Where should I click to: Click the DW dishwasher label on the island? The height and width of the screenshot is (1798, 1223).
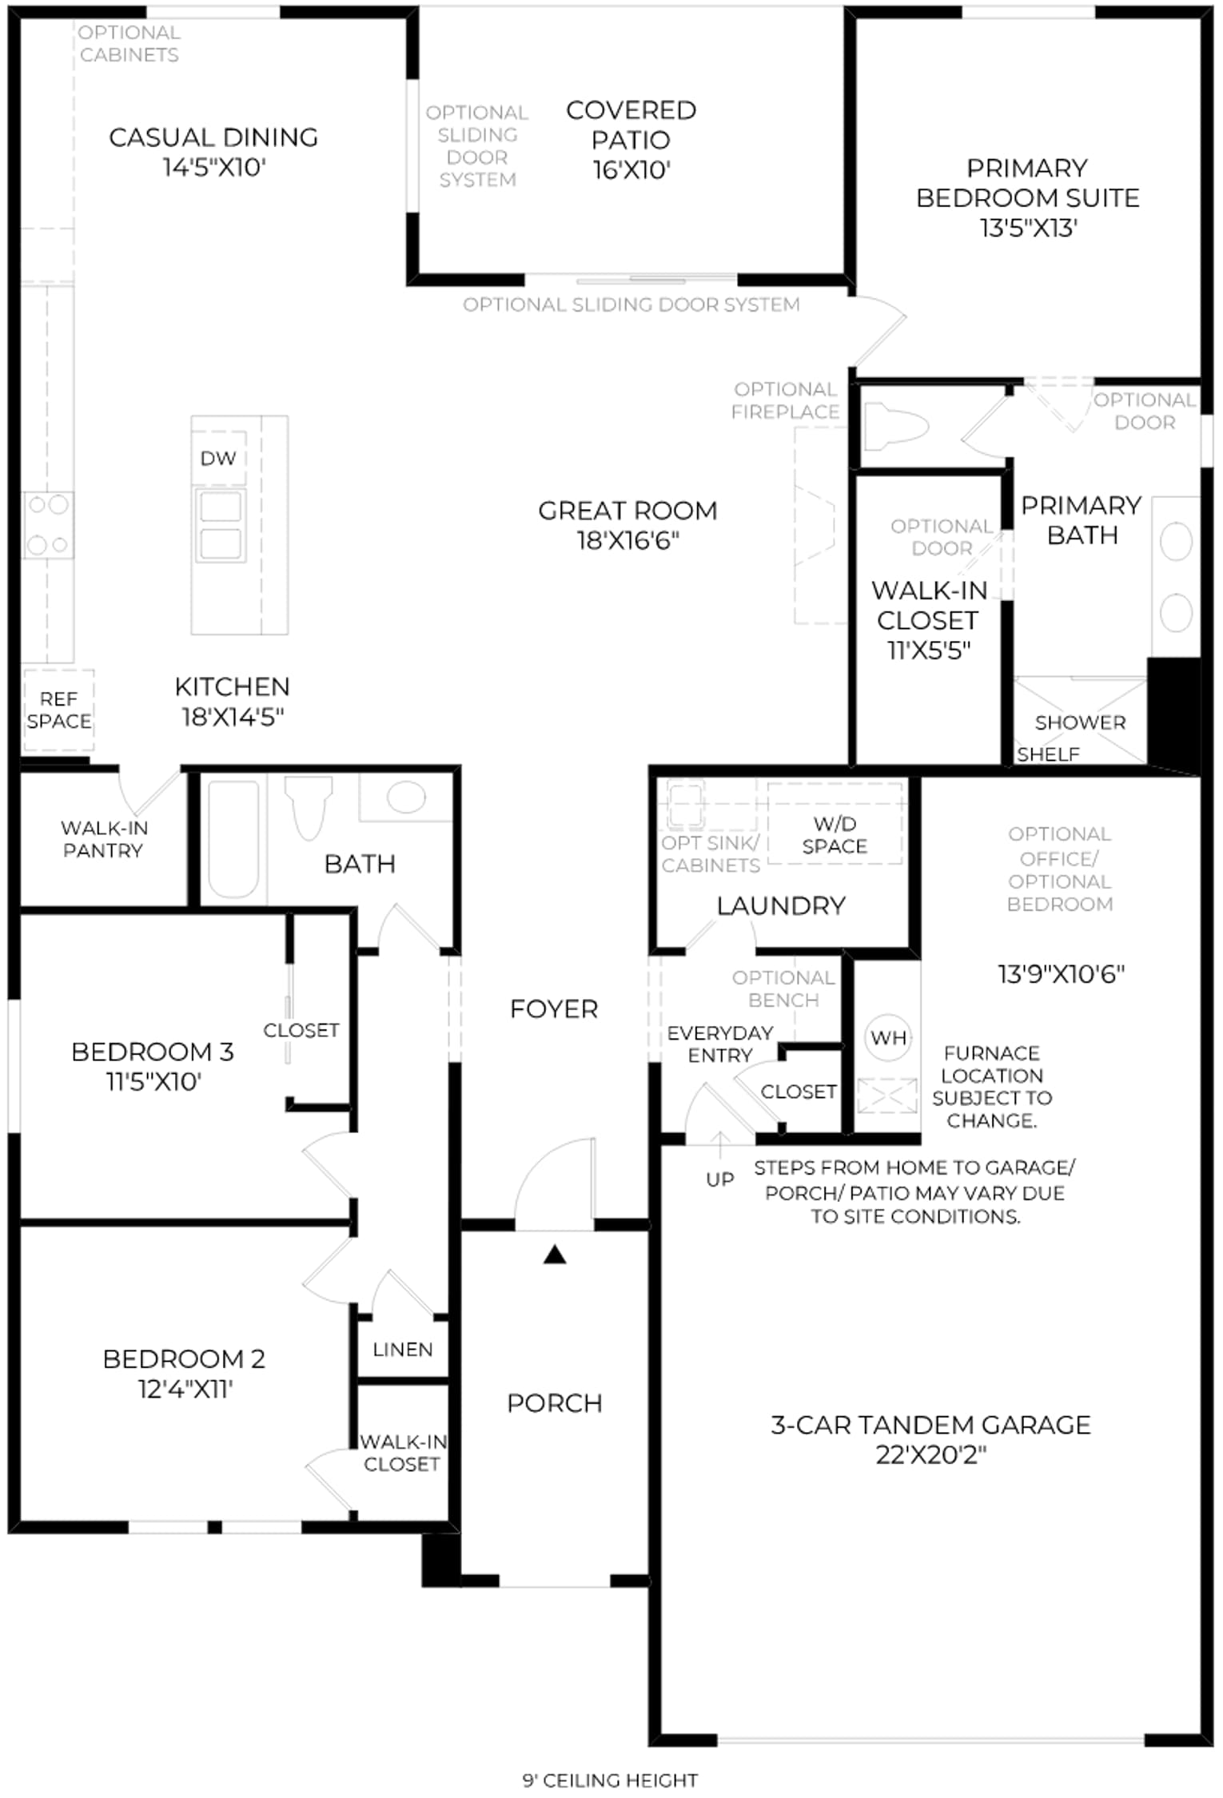pos(218,459)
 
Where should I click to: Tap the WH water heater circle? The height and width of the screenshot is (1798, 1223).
pos(888,1038)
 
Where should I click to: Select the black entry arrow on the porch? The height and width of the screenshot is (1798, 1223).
pos(555,1255)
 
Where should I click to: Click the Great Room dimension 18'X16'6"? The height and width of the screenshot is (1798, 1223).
pos(628,541)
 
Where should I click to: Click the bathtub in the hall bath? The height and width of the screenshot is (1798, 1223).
pos(233,839)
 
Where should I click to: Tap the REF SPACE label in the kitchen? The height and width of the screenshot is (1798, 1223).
pos(59,710)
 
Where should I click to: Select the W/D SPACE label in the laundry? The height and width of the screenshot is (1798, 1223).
pos(835,835)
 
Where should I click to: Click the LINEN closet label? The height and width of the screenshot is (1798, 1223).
pos(403,1350)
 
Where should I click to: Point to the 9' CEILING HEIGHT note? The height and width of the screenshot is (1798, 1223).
pos(611,1780)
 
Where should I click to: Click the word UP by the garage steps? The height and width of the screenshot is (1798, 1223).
pos(720,1179)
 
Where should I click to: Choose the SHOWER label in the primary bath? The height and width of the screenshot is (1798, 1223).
pos(1080,722)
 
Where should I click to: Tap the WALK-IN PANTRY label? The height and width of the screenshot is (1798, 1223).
pos(104,839)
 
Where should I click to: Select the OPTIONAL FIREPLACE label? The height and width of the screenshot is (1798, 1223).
pos(786,400)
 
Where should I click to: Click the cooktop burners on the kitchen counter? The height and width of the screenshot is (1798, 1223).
pos(48,525)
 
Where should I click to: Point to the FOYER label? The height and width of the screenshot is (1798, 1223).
pos(554,1009)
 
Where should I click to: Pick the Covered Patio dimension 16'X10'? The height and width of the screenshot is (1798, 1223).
pos(631,170)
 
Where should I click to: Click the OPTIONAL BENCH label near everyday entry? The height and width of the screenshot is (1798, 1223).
pos(784,989)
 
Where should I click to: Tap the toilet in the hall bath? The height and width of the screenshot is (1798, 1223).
pos(309,806)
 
